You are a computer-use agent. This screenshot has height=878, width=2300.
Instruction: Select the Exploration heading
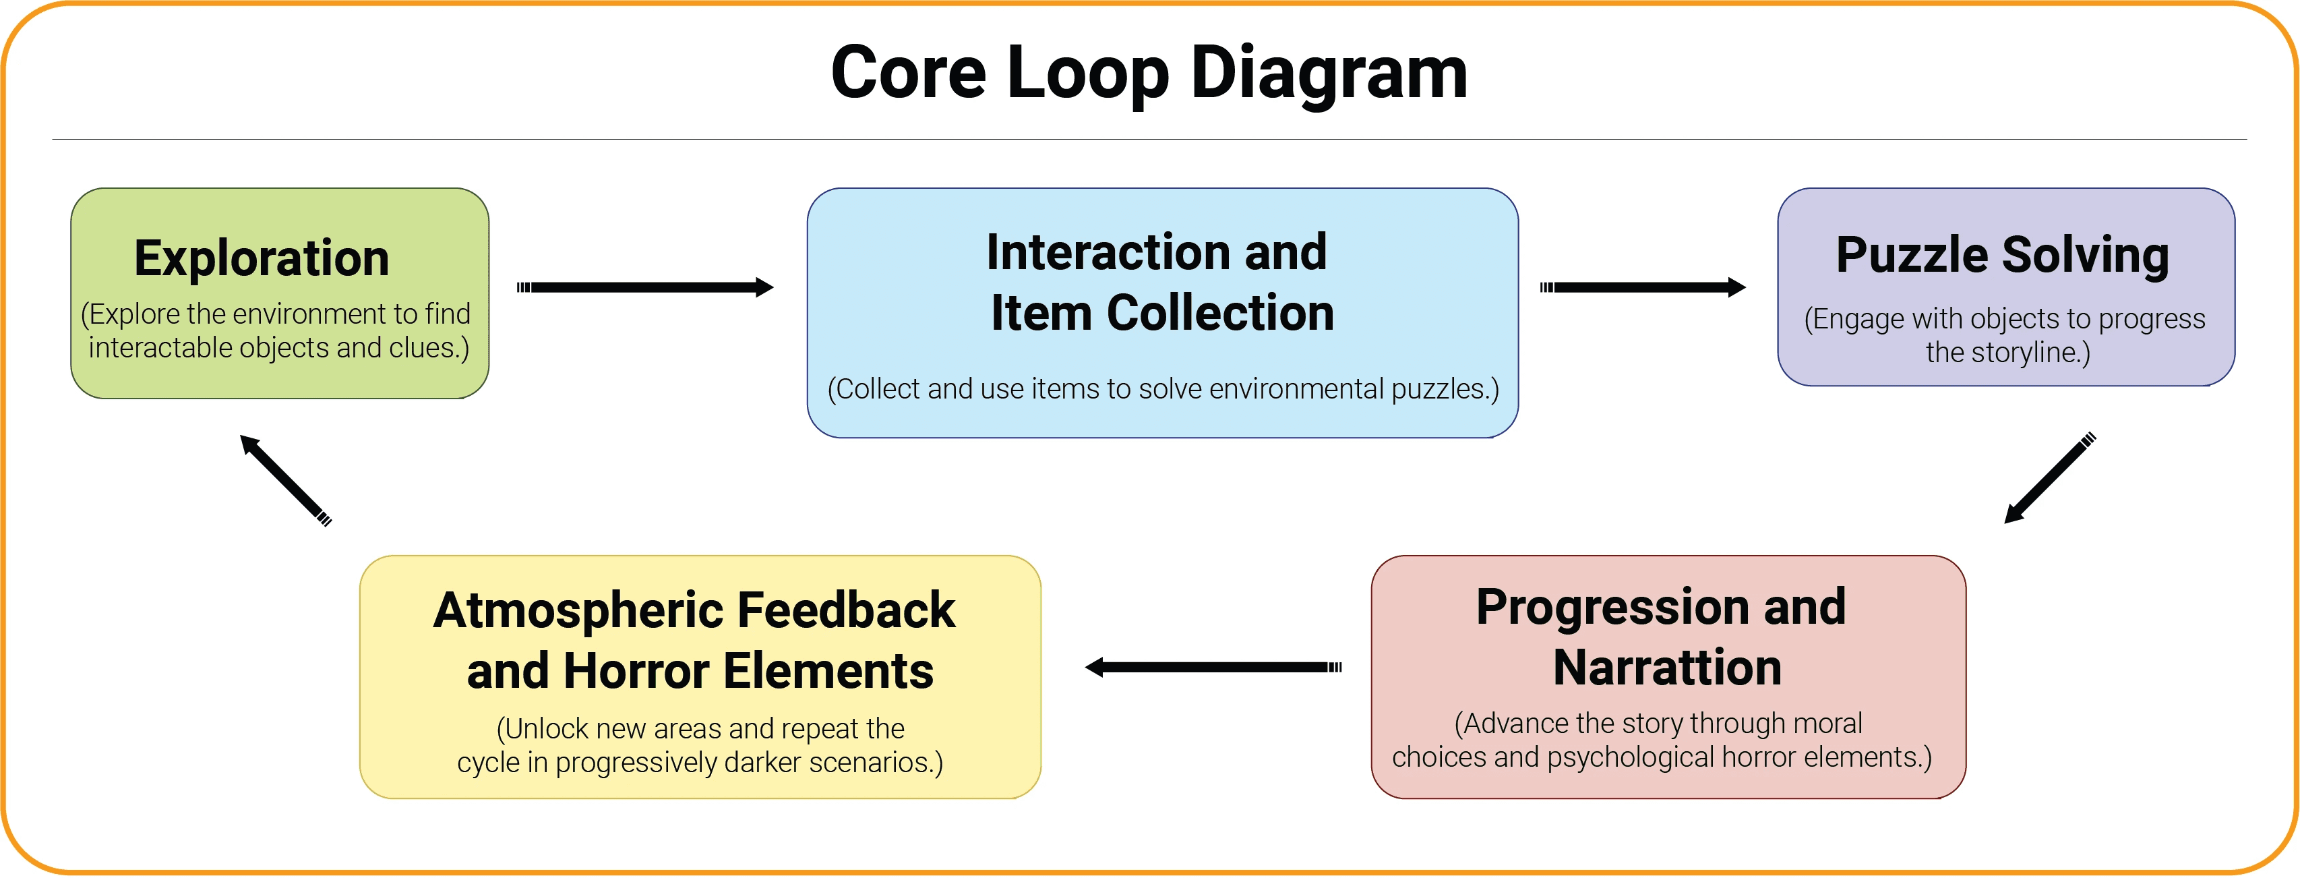pos(262,258)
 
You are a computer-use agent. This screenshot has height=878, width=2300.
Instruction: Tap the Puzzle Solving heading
pos(2002,256)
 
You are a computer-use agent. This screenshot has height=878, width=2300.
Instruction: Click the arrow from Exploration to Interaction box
pos(644,287)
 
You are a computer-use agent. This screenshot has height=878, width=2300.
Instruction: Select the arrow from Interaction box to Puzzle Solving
pos(1643,287)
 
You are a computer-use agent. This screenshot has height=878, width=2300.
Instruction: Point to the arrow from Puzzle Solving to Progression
pos(2049,479)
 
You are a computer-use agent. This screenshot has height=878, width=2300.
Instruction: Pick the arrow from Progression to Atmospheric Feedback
pos(1213,667)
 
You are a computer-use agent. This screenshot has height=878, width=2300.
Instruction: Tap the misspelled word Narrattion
pos(1667,668)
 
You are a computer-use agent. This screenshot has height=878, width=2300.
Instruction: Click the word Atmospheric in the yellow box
pos(578,611)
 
